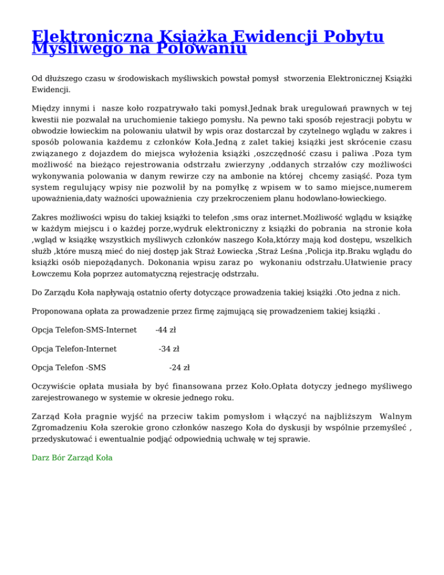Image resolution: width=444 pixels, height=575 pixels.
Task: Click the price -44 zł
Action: [166, 330]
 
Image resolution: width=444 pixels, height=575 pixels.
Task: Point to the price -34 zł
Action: [169, 349]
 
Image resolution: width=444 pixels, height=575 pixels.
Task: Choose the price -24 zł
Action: [179, 367]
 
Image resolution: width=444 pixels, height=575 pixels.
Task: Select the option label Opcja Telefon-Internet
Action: [75, 349]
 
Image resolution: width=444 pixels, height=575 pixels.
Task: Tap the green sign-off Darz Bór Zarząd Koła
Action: [72, 458]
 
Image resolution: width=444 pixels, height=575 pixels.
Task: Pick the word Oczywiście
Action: [54, 386]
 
